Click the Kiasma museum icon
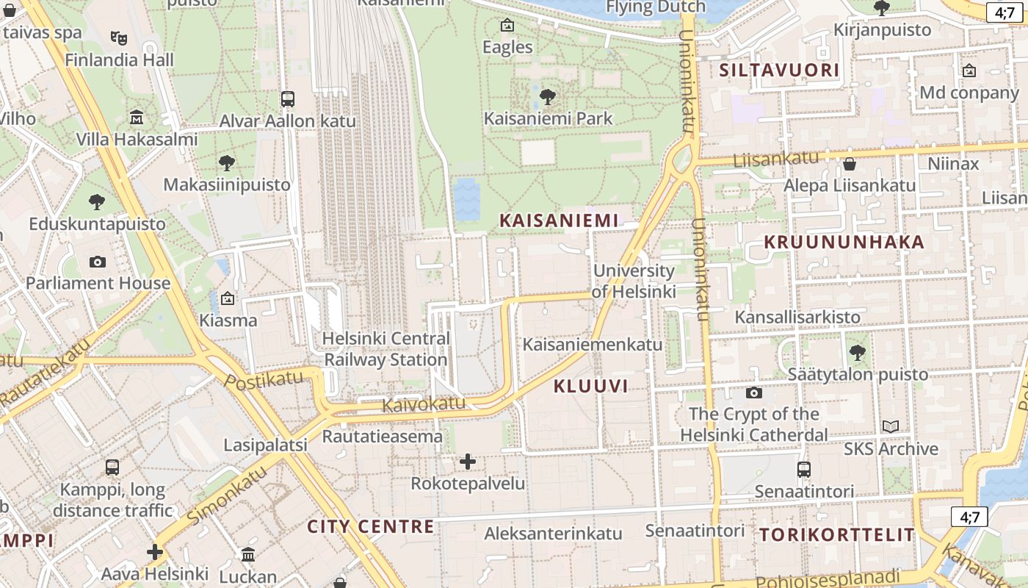coord(228,298)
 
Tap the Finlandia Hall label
coord(119,60)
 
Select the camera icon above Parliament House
coord(97,262)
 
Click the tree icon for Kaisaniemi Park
coord(547,96)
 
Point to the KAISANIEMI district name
coord(558,220)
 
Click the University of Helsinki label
coord(634,281)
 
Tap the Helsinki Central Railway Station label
coord(386,349)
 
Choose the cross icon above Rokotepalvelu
coord(468,462)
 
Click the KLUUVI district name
coord(590,386)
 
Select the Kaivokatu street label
coord(424,404)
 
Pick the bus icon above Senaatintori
coord(804,469)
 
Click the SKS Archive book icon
coord(891,426)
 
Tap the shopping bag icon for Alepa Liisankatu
coord(850,164)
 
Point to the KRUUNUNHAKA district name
coord(844,242)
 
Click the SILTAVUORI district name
coord(778,70)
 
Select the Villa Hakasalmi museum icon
coord(137,118)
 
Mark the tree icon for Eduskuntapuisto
coord(97,201)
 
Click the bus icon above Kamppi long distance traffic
coord(112,467)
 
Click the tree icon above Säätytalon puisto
coord(857,353)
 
